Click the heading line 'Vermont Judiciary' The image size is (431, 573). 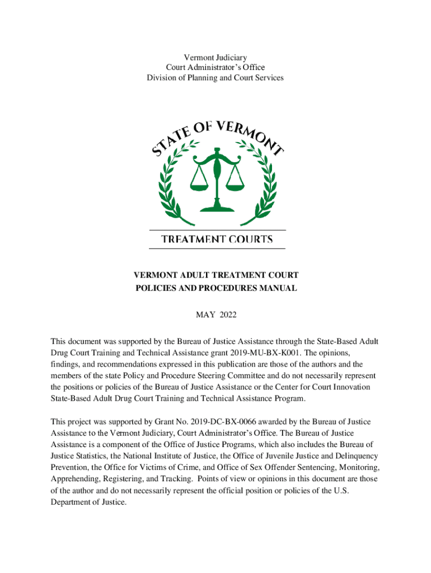coord(215,58)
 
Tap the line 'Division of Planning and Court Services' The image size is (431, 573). coord(215,78)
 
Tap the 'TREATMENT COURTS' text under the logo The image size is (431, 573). coord(217,239)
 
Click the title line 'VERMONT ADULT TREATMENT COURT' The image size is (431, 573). coord(215,275)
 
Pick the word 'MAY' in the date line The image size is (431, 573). coord(204,315)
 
